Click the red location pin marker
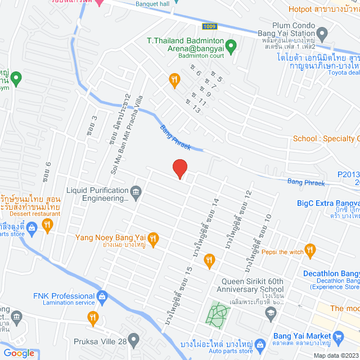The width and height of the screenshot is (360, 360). (179, 168)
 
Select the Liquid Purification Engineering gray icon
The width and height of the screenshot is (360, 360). (136, 193)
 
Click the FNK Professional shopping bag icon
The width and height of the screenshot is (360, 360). (102, 296)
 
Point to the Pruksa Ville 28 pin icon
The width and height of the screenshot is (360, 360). (133, 340)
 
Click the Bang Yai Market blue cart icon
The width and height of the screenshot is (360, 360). (338, 338)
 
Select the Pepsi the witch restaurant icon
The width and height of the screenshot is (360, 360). (310, 251)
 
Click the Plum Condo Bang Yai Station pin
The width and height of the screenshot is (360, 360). (322, 35)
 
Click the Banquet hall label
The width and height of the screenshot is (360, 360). (152, 3)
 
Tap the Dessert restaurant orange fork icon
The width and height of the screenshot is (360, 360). (48, 226)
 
